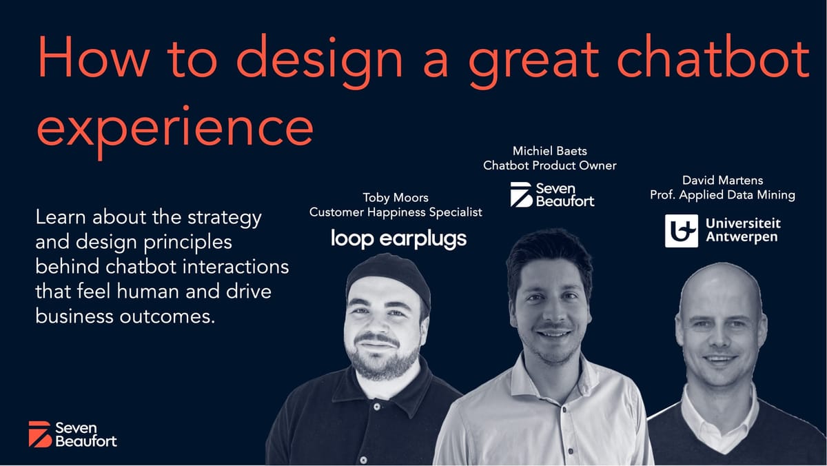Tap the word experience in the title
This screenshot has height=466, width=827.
point(175,129)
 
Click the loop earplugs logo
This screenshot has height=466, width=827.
point(398,239)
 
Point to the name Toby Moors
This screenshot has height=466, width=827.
point(396,198)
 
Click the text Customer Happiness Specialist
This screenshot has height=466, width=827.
point(396,212)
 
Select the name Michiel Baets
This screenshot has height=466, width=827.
point(549,150)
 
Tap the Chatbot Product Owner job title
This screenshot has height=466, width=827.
point(549,165)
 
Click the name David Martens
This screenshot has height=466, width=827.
point(722,181)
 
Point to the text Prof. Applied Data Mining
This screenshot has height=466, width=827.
point(722,195)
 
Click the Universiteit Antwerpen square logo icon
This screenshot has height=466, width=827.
point(681,231)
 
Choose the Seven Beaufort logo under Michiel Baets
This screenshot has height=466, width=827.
point(551,194)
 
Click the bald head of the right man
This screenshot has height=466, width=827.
point(719,290)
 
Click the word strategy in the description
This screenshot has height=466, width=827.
point(228,219)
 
